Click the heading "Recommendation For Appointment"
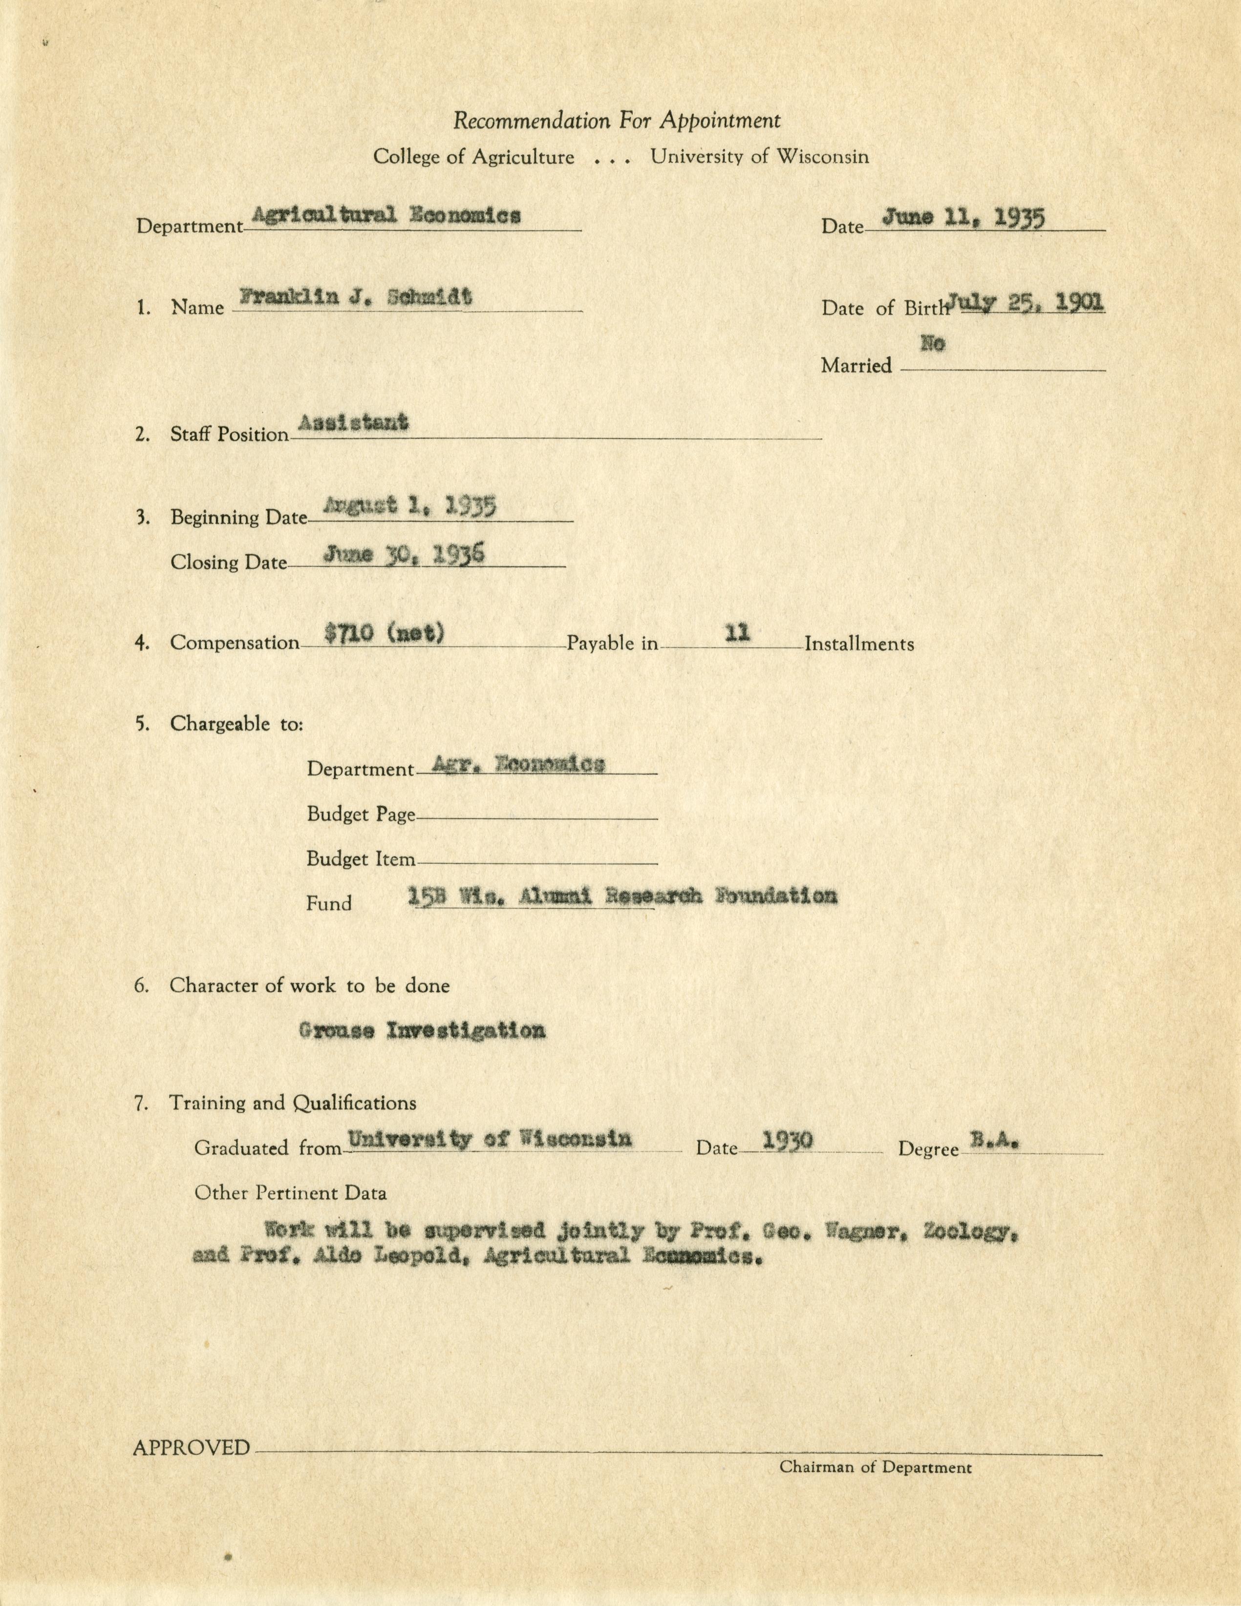tap(617, 121)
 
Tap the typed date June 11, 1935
tap(963, 218)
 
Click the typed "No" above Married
tap(932, 343)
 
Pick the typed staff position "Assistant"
tap(353, 423)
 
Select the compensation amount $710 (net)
tap(384, 632)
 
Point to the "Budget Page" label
tap(361, 815)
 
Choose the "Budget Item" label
tap(361, 859)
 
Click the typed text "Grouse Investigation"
tap(422, 1030)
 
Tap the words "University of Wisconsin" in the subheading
tap(759, 157)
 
